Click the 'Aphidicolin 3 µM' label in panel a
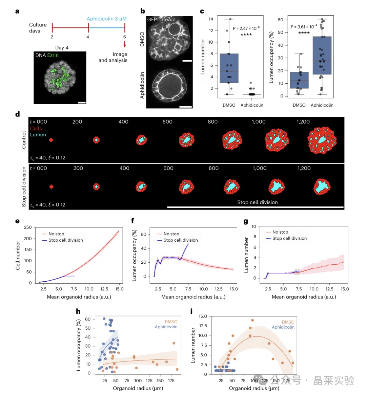(107, 19)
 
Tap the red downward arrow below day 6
(125, 44)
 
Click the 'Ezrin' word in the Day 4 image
(53, 55)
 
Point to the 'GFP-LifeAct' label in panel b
(161, 20)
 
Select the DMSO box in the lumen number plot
(229, 68)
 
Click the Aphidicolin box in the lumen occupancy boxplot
(322, 56)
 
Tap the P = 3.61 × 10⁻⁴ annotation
(304, 27)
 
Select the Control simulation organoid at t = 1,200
(322, 140)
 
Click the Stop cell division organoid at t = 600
(186, 186)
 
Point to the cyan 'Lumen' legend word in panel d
(38, 135)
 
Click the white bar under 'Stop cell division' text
(255, 207)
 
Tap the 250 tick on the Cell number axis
(28, 227)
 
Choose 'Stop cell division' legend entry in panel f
(181, 240)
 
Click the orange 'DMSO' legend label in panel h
(171, 322)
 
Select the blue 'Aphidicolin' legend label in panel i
(283, 327)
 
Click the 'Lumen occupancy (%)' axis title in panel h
(79, 345)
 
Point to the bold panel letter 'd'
(17, 114)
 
